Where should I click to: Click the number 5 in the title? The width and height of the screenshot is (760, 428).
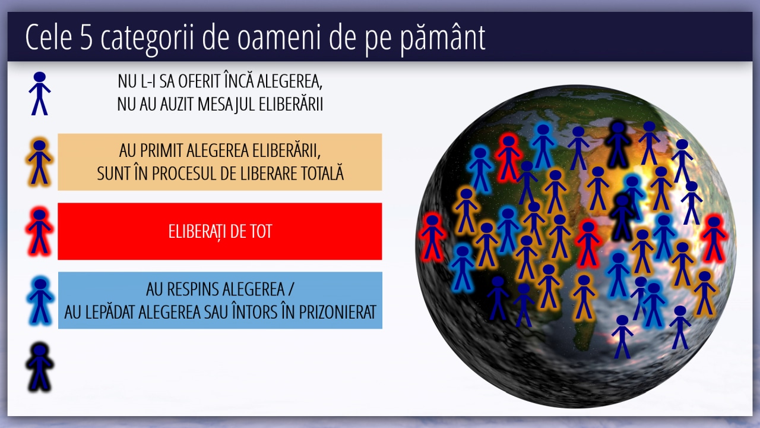click(x=87, y=37)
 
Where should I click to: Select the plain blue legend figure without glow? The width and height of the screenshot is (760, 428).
click(x=39, y=93)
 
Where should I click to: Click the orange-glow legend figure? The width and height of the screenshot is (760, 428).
click(x=39, y=162)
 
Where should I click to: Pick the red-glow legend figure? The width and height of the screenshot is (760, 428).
click(x=39, y=232)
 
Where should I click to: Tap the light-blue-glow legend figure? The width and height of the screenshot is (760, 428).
click(x=40, y=301)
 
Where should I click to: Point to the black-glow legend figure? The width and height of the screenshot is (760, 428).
click(x=39, y=367)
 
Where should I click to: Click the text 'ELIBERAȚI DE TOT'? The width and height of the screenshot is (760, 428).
click(x=220, y=232)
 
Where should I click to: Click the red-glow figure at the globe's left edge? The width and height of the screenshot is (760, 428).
click(x=432, y=237)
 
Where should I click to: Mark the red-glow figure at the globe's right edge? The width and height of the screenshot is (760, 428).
click(x=714, y=238)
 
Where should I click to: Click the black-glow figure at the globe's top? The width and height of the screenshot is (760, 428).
click(x=618, y=144)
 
